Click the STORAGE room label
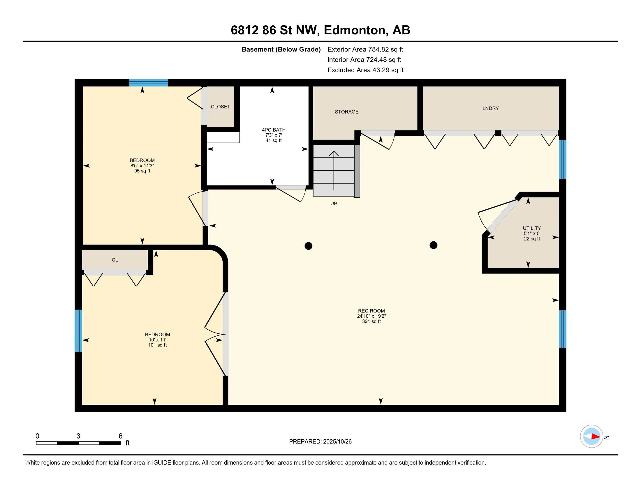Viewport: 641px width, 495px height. (x=347, y=112)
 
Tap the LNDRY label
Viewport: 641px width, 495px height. (x=490, y=108)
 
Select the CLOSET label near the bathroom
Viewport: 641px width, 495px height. (x=221, y=107)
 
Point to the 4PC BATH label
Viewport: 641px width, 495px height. (x=274, y=130)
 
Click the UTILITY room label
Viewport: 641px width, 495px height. (x=532, y=228)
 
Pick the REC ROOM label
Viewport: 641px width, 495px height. (x=371, y=311)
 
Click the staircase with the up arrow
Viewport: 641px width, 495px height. (x=334, y=170)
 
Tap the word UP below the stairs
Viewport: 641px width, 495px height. (x=334, y=204)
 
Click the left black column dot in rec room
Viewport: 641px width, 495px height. (x=309, y=246)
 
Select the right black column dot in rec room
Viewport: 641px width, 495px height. (x=434, y=245)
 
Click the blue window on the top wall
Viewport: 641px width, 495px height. (x=149, y=83)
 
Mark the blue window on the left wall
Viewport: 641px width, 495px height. (x=78, y=331)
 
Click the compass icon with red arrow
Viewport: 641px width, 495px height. (x=591, y=436)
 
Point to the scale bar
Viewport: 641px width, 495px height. (x=78, y=443)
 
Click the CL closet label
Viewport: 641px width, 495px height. (x=115, y=260)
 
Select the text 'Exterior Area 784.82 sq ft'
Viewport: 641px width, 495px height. (x=365, y=49)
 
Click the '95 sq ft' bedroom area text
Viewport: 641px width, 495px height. (x=142, y=171)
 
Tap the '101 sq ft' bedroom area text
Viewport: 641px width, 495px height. (x=157, y=345)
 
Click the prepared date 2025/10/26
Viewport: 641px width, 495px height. (x=337, y=442)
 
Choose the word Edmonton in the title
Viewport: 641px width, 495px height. (x=355, y=30)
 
